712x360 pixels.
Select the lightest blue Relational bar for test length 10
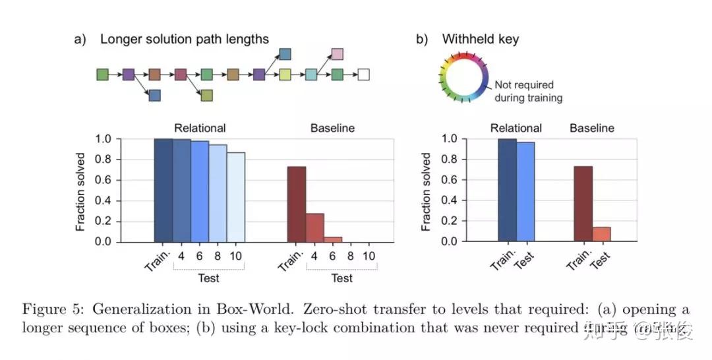(235, 197)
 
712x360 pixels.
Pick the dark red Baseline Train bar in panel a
(296, 204)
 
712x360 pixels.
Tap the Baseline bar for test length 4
(314, 227)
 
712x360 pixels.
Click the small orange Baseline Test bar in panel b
(601, 234)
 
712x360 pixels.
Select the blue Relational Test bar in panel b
(525, 192)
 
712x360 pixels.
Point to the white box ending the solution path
(363, 75)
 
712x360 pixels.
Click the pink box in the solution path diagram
(337, 53)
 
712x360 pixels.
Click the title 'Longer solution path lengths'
(185, 39)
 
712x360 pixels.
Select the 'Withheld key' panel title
(480, 39)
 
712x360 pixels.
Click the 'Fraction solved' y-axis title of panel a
(80, 191)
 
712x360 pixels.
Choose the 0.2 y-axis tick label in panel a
(104, 221)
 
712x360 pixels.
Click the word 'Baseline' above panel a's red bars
(332, 128)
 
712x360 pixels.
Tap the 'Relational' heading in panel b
(516, 128)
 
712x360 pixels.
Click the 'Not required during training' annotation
(528, 92)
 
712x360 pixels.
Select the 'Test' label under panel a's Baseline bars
(341, 278)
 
